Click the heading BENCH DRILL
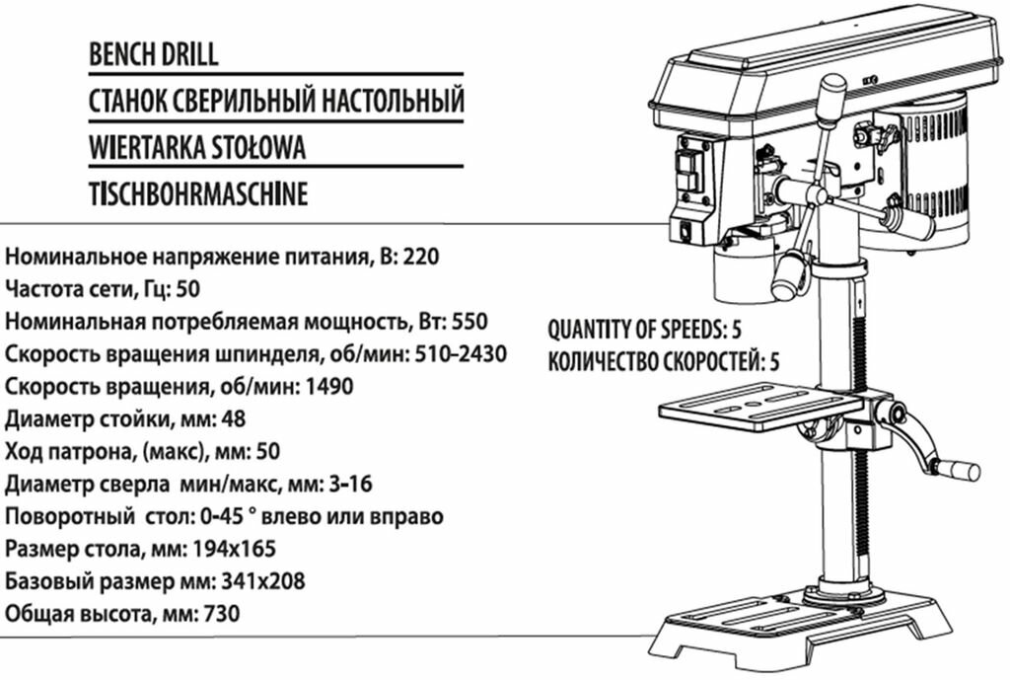[153, 54]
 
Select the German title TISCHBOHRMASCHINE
[197, 192]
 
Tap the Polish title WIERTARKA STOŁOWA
[196, 147]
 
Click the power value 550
[470, 323]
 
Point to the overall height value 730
[220, 614]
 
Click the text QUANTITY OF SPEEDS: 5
[644, 329]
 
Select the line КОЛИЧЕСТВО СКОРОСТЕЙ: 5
[663, 360]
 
